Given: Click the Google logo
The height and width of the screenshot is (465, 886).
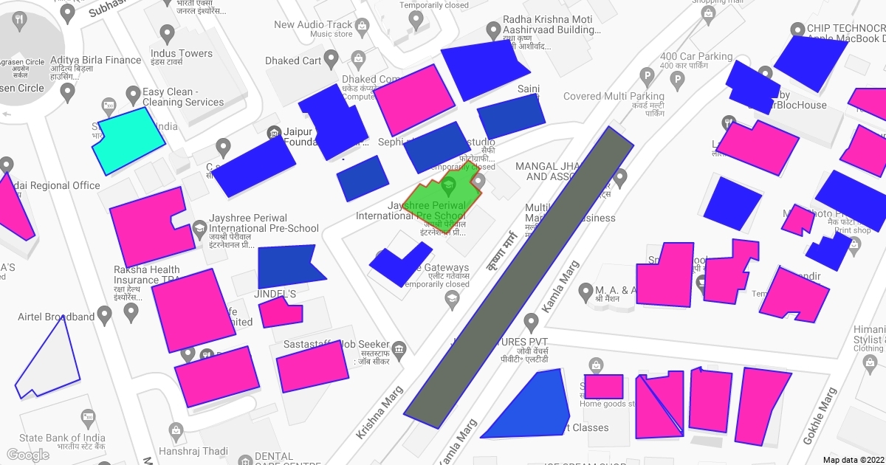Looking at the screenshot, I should (x=27, y=455).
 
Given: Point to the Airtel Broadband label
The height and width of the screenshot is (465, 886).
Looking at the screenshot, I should (x=56, y=317).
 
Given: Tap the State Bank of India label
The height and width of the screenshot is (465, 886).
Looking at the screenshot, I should (x=62, y=438).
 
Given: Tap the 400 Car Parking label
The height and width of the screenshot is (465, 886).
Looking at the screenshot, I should (x=696, y=57).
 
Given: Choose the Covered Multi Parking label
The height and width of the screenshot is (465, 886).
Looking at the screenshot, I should (x=614, y=96).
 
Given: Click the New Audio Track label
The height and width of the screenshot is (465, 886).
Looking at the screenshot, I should (x=313, y=24).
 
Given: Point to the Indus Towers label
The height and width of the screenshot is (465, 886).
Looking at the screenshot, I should (x=181, y=53).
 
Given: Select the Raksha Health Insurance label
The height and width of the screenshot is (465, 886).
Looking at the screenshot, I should (x=146, y=270).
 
